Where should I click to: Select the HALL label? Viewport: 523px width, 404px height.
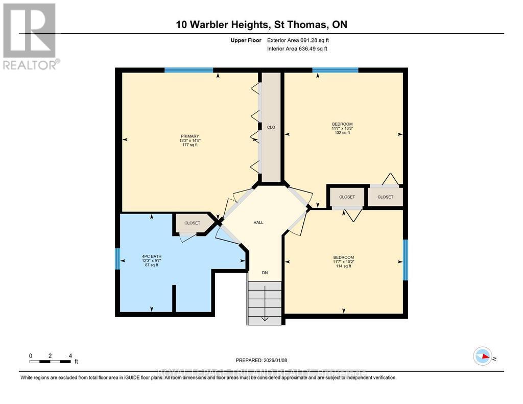click(x=258, y=222)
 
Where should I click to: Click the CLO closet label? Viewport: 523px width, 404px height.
click(x=271, y=127)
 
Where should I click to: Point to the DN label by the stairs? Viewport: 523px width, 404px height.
click(x=265, y=273)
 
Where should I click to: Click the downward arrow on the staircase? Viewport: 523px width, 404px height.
click(x=265, y=318)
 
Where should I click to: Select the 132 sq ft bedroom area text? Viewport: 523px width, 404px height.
click(x=342, y=133)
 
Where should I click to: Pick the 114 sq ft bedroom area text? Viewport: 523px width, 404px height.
click(x=343, y=266)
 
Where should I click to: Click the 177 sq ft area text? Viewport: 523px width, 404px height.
click(x=189, y=145)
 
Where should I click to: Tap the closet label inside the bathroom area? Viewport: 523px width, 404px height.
click(x=193, y=223)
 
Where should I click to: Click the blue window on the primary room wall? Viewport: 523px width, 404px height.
click(x=188, y=70)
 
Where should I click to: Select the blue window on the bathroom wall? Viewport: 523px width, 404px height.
click(x=117, y=258)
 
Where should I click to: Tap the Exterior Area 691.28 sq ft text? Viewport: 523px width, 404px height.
click(x=301, y=40)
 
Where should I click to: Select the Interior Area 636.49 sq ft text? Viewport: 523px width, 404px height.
click(x=297, y=49)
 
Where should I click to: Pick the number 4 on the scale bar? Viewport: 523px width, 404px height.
click(x=70, y=355)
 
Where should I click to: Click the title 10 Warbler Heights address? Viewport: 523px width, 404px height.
click(x=261, y=25)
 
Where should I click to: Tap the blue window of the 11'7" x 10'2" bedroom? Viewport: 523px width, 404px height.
click(x=406, y=260)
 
